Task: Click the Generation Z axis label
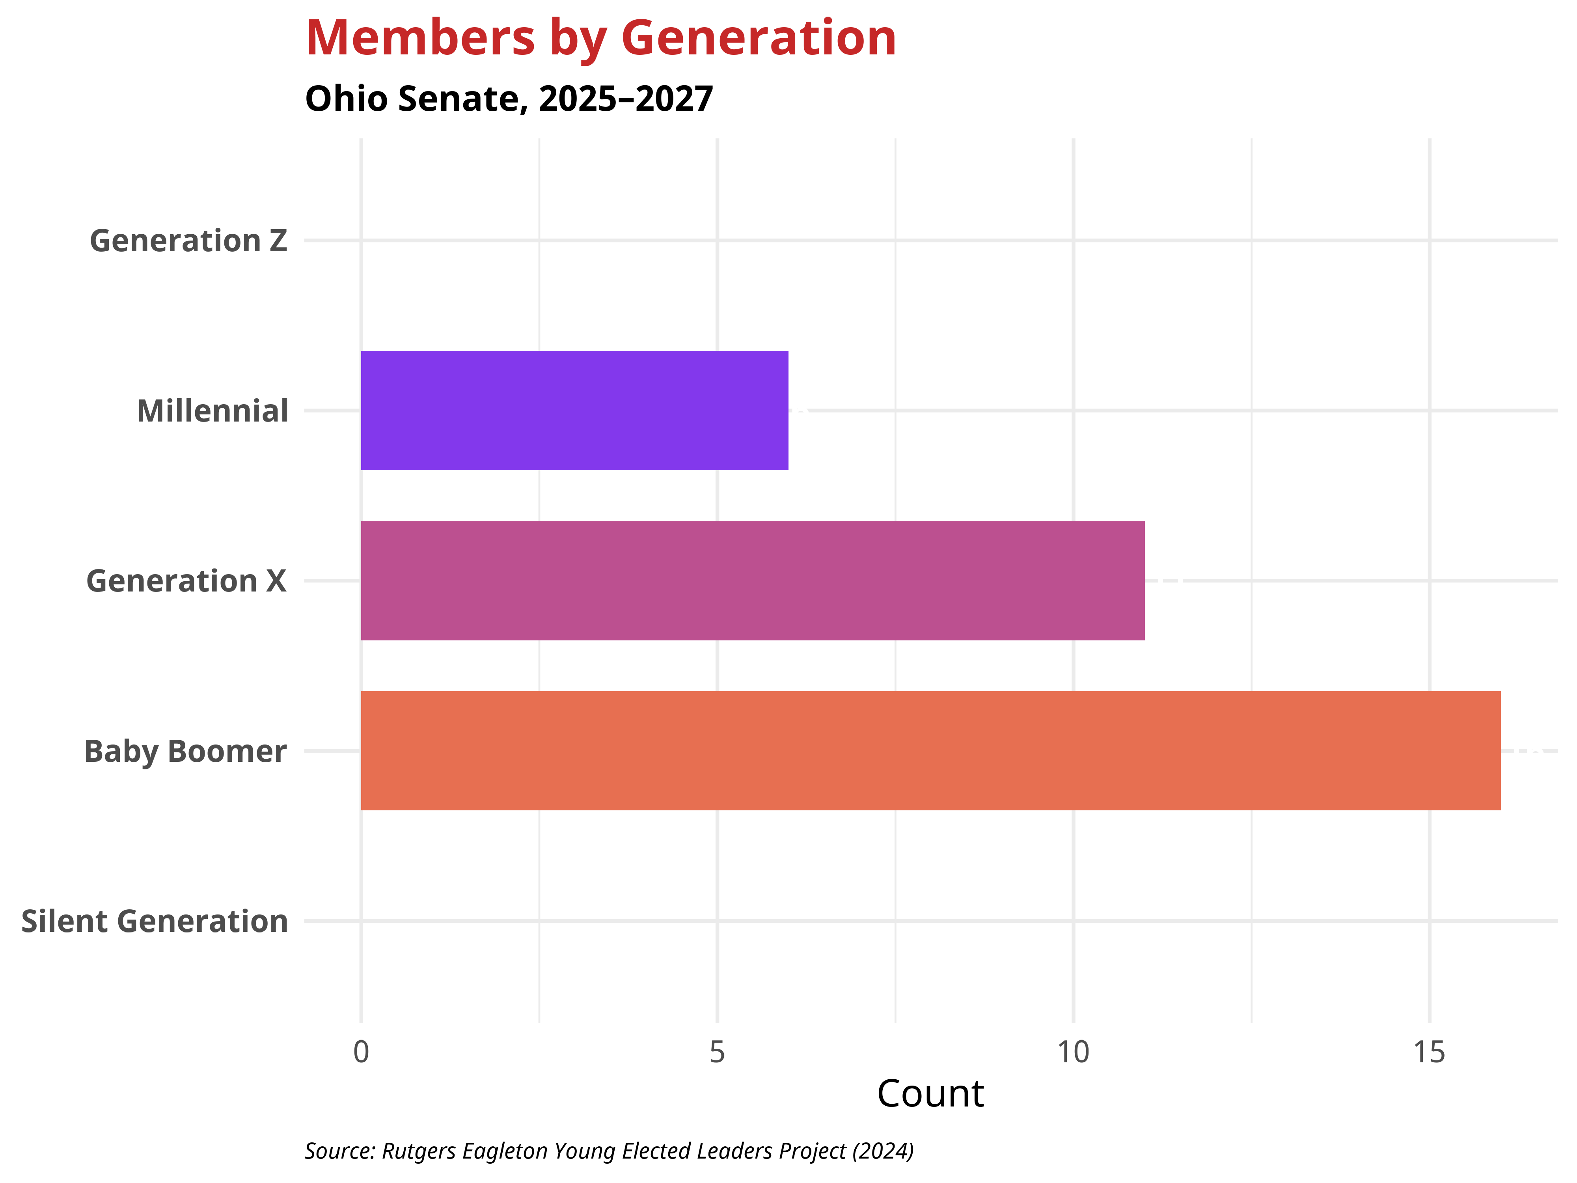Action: click(188, 241)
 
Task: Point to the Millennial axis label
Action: click(213, 411)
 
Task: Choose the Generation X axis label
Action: click(186, 581)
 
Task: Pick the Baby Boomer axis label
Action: click(185, 752)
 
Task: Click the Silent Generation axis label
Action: click(155, 921)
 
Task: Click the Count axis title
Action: click(930, 1094)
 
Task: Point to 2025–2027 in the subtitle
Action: click(626, 99)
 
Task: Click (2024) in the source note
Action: click(883, 1151)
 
